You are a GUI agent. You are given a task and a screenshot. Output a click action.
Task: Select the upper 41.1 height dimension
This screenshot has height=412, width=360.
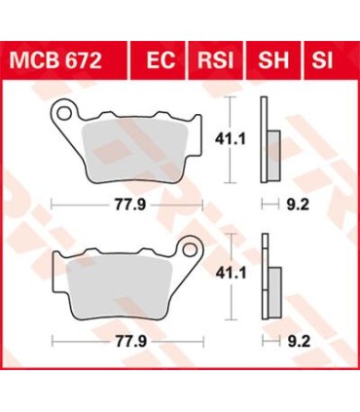(x=250, y=141)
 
